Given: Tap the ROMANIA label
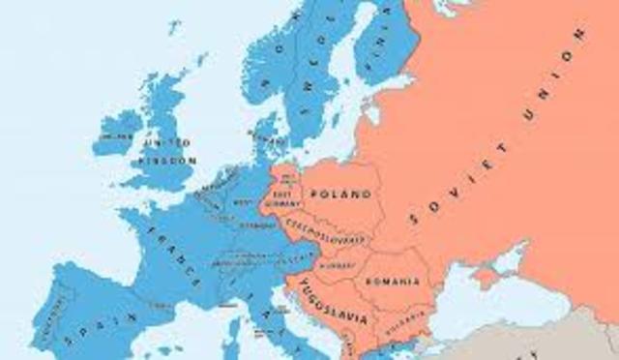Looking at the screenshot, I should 394,282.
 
